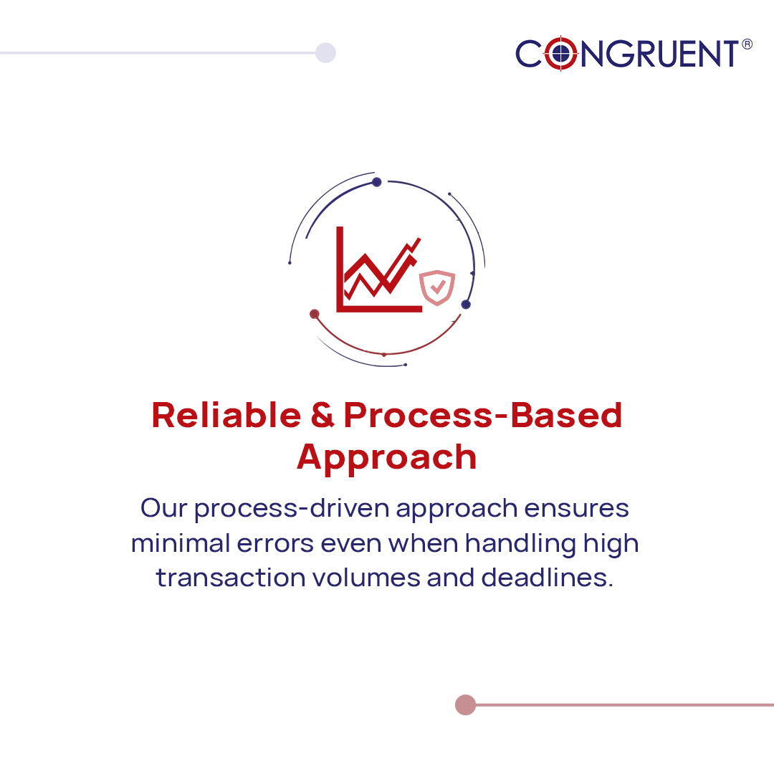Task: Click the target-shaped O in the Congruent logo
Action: tap(560, 54)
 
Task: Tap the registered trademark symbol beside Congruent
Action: tap(747, 44)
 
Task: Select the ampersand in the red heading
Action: tap(322, 416)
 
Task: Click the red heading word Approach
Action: tap(387, 457)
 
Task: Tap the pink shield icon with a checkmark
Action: tap(436, 287)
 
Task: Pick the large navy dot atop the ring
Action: tap(376, 182)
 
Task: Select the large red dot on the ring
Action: tap(314, 314)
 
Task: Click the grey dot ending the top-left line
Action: tap(325, 52)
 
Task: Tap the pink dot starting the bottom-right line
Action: tap(465, 704)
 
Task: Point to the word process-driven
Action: tap(292, 508)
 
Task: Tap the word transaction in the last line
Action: tap(229, 578)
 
